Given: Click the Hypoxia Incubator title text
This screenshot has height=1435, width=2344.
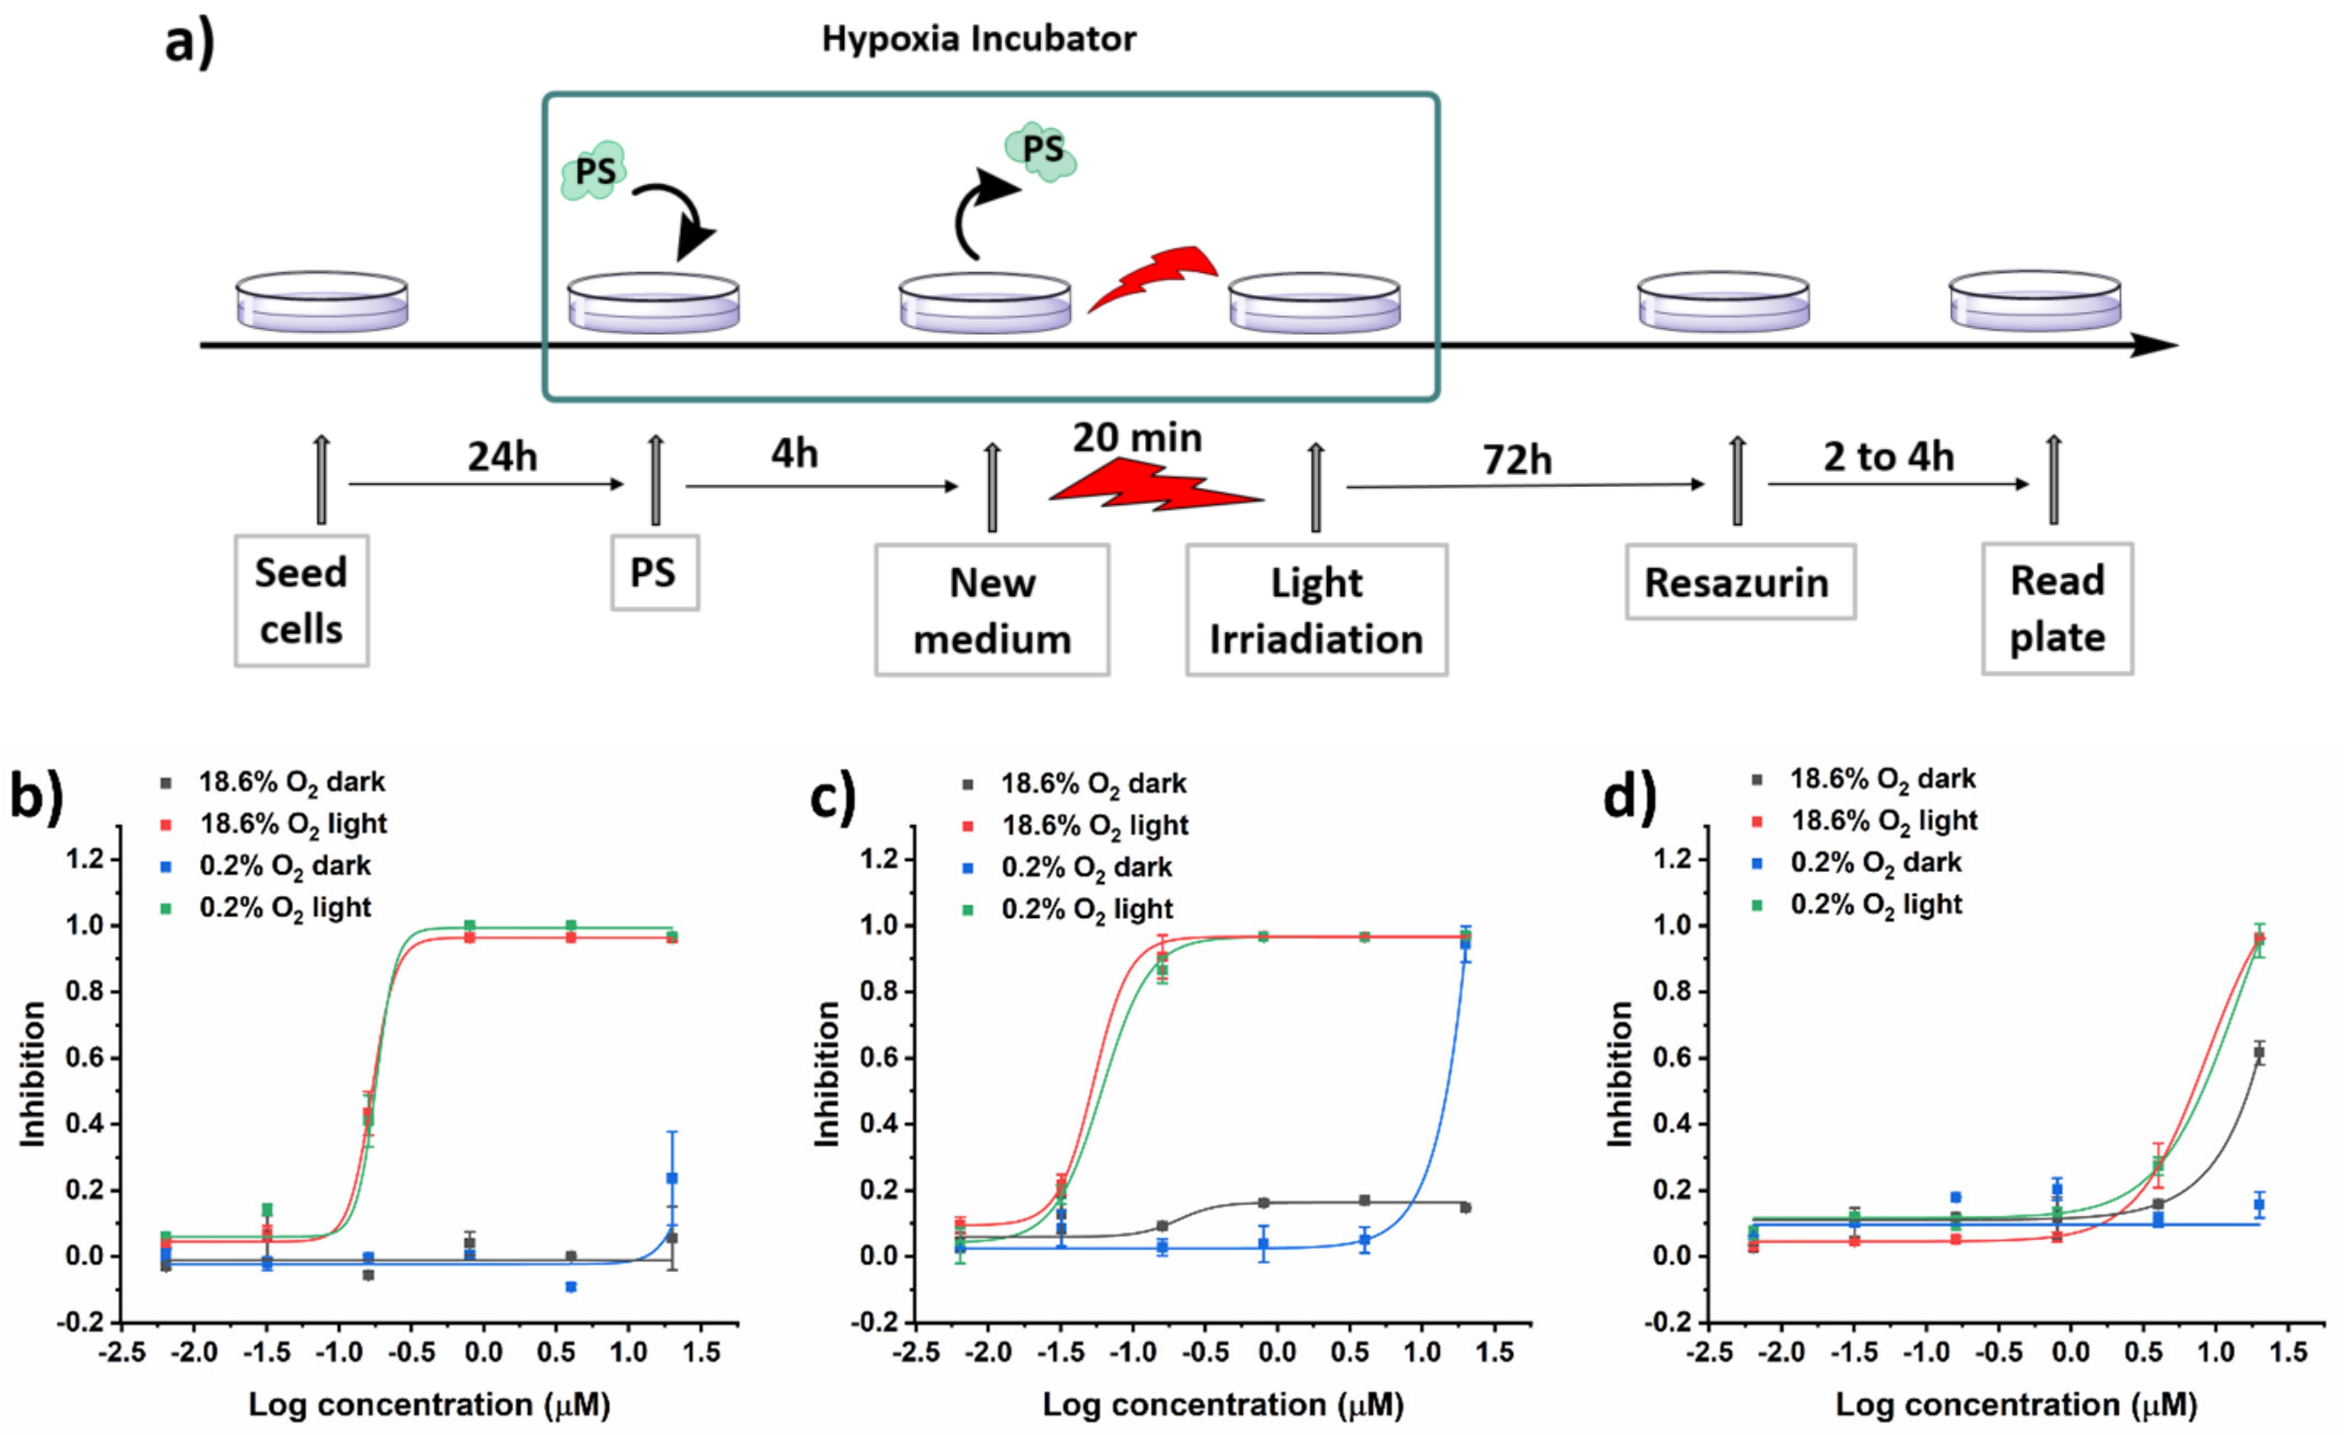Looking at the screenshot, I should [978, 39].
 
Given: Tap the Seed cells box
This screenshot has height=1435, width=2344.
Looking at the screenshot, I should [302, 600].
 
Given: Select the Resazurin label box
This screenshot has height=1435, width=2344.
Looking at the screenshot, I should [1739, 582].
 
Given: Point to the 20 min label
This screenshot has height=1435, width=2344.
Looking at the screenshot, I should [1137, 437].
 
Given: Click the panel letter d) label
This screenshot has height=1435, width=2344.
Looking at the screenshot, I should [1628, 796].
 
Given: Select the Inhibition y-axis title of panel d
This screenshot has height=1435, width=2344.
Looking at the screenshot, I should [1620, 1074].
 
